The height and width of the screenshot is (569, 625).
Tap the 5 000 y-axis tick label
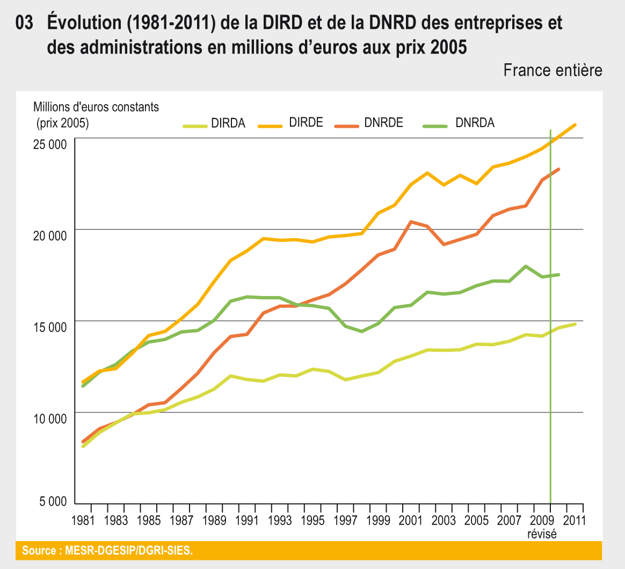(53, 502)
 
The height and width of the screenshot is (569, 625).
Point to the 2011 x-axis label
(573, 520)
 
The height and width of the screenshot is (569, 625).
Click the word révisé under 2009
(542, 534)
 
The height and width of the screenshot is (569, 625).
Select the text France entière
(553, 70)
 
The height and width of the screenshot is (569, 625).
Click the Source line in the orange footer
(107, 550)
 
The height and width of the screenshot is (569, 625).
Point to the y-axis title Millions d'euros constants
(96, 107)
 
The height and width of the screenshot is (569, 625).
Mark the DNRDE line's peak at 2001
(411, 221)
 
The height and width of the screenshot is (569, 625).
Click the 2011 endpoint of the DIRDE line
(575, 125)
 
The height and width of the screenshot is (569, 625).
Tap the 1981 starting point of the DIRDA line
(84, 446)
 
